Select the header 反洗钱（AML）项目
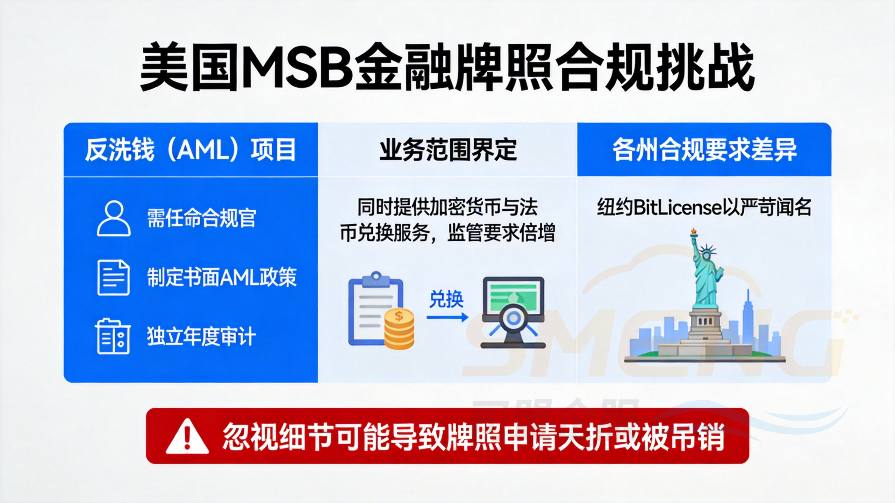(x=191, y=150)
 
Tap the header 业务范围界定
(x=448, y=150)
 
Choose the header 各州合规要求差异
(x=704, y=150)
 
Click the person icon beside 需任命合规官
(x=114, y=218)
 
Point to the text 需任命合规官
(x=201, y=218)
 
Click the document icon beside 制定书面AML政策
(x=113, y=278)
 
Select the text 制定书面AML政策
(x=222, y=278)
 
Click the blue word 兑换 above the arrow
(x=446, y=299)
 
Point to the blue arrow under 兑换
(x=447, y=317)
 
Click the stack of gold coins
(x=399, y=328)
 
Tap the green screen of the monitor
(x=513, y=297)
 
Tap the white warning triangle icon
(x=187, y=437)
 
